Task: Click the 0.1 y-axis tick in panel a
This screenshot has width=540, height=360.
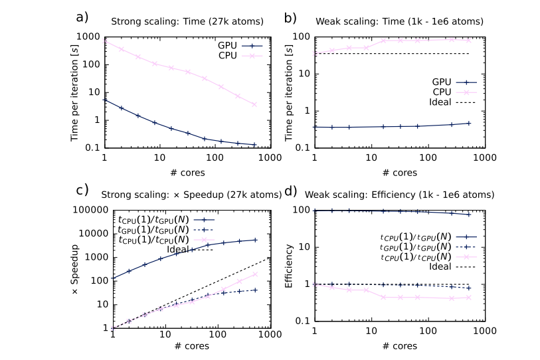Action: click(94, 148)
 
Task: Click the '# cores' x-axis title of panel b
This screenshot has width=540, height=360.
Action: click(399, 173)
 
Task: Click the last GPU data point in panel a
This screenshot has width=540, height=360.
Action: click(254, 144)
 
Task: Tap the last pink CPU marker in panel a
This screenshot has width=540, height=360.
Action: click(254, 104)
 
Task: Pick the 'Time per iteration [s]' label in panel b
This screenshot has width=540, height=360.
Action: click(288, 89)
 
